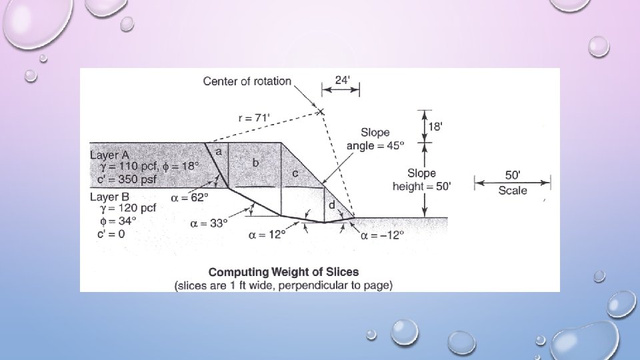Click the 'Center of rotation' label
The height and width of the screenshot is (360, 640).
pyautogui.click(x=247, y=81)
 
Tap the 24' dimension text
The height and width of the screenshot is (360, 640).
pyautogui.click(x=341, y=79)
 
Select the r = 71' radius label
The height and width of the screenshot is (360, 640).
pyautogui.click(x=254, y=117)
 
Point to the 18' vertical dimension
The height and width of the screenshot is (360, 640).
pyautogui.click(x=434, y=127)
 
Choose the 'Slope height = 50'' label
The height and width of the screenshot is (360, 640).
pyautogui.click(x=421, y=180)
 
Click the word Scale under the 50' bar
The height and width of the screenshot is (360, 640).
pyautogui.click(x=513, y=191)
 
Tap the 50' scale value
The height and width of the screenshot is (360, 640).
pyautogui.click(x=513, y=175)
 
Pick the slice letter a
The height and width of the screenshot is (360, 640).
pyautogui.click(x=218, y=151)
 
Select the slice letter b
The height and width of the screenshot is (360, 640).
pyautogui.click(x=255, y=162)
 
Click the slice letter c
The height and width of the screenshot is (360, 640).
pyautogui.click(x=295, y=173)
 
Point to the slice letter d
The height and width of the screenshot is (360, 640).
pyautogui.click(x=331, y=205)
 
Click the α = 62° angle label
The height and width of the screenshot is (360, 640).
pyautogui.click(x=189, y=197)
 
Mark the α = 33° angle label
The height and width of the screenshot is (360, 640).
pyautogui.click(x=209, y=223)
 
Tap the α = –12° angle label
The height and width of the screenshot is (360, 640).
pyautogui.click(x=380, y=235)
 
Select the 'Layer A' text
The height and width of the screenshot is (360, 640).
pyautogui.click(x=110, y=155)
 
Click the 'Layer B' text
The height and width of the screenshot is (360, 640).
pyautogui.click(x=110, y=197)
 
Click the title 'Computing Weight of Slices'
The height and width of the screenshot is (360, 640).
pyautogui.click(x=283, y=272)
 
